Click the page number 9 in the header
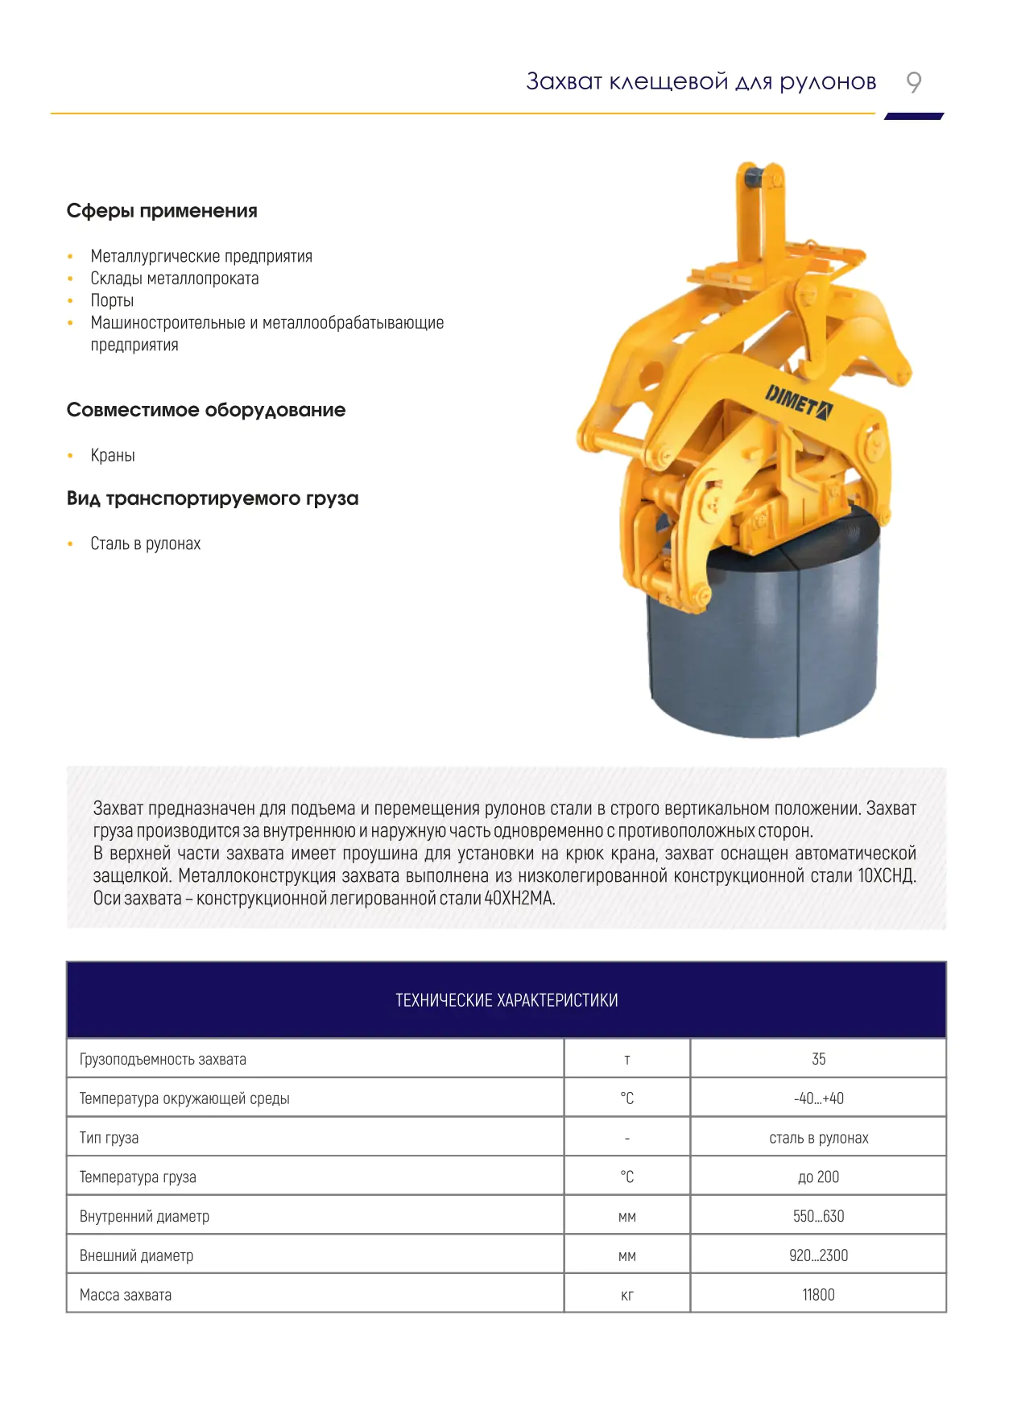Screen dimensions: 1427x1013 (913, 82)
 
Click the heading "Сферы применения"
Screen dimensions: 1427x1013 (162, 211)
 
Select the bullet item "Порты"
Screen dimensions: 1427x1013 (112, 300)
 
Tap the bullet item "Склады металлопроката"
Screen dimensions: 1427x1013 (174, 279)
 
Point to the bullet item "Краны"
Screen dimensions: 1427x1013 (113, 456)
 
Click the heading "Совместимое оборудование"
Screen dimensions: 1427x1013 (205, 410)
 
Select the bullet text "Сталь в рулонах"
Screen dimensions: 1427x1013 (145, 544)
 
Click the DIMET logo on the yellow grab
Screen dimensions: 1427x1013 (798, 402)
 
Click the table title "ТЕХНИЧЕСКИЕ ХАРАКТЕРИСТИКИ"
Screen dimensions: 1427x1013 (506, 1000)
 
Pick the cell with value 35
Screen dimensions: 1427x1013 (818, 1060)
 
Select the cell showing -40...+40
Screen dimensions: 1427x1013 (818, 1098)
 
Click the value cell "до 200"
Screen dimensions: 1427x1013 (818, 1177)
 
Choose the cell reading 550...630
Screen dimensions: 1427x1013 (818, 1217)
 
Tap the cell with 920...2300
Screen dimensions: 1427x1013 (818, 1256)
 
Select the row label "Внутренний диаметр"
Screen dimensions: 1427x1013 (144, 1217)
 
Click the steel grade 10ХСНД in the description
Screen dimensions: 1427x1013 (886, 876)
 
